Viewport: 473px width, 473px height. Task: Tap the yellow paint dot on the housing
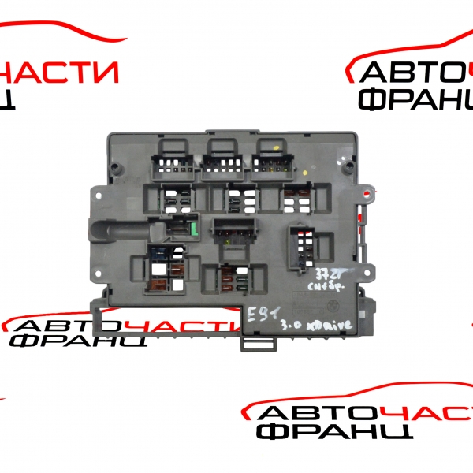(278, 147)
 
